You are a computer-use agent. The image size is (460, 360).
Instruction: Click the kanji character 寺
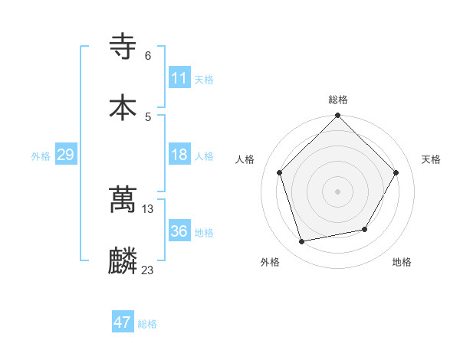click(123, 47)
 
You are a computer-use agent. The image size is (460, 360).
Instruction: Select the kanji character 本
click(123, 106)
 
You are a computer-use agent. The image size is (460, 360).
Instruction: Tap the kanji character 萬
click(123, 200)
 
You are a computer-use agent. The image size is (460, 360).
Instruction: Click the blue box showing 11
click(179, 78)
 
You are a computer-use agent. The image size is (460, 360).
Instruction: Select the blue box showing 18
click(179, 155)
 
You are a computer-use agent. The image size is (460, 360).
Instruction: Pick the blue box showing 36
click(179, 231)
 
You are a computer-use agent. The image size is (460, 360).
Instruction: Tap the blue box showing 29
click(65, 155)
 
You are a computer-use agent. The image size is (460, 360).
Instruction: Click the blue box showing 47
click(123, 322)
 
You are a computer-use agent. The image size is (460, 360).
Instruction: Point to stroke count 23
click(148, 270)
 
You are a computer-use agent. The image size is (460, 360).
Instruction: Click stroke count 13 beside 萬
click(148, 208)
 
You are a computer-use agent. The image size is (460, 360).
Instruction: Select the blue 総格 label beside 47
click(147, 324)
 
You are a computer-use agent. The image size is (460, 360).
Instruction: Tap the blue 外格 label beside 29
click(41, 156)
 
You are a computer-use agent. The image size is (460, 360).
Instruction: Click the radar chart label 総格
click(338, 100)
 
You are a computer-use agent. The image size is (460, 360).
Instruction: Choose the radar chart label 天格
click(431, 159)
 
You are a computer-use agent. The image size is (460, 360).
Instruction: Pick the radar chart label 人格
click(245, 159)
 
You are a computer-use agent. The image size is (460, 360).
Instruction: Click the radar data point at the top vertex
click(338, 116)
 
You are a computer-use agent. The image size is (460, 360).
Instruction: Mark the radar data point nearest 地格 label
click(366, 229)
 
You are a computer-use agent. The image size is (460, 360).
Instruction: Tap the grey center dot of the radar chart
click(338, 191)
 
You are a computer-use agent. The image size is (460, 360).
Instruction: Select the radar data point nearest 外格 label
click(302, 242)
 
